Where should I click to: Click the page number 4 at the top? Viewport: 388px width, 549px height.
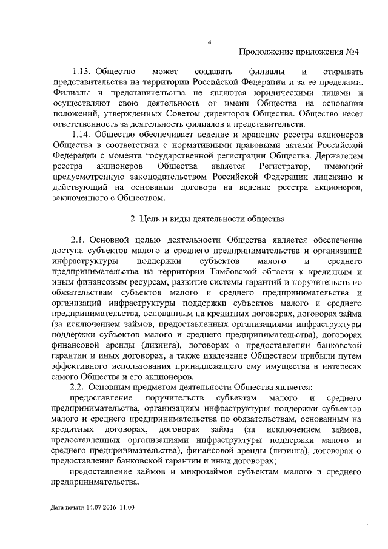[x=209, y=42]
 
